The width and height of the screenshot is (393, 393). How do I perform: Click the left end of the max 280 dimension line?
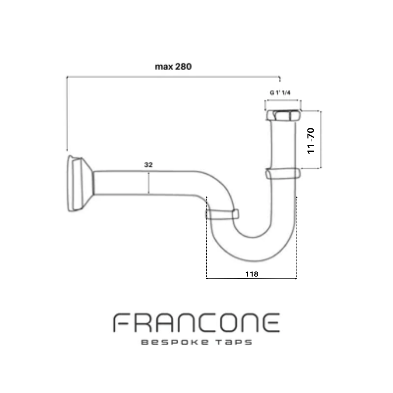pos(67,77)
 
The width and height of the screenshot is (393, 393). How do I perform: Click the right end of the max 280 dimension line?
pos(279,77)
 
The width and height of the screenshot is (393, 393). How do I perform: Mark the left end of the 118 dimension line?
pos(207,278)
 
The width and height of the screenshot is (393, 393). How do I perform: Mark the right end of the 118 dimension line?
pos(297,278)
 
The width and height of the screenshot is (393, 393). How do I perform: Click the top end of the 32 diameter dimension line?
pos(148,172)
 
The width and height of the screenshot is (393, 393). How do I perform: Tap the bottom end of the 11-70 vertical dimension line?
pos(321,168)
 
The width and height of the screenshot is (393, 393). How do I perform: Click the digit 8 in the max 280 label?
pos(183,67)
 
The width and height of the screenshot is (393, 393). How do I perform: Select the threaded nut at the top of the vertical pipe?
pos(283,115)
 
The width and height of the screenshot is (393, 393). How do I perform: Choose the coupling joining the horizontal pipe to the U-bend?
pos(222,214)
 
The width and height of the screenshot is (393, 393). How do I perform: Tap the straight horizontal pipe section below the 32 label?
pos(145,183)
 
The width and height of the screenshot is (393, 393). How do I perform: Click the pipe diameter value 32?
pos(148,165)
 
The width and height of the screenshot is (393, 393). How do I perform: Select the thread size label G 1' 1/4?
pos(280,93)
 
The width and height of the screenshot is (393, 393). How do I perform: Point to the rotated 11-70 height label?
pos(310,140)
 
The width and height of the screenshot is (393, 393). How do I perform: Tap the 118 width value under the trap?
pos(252,274)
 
